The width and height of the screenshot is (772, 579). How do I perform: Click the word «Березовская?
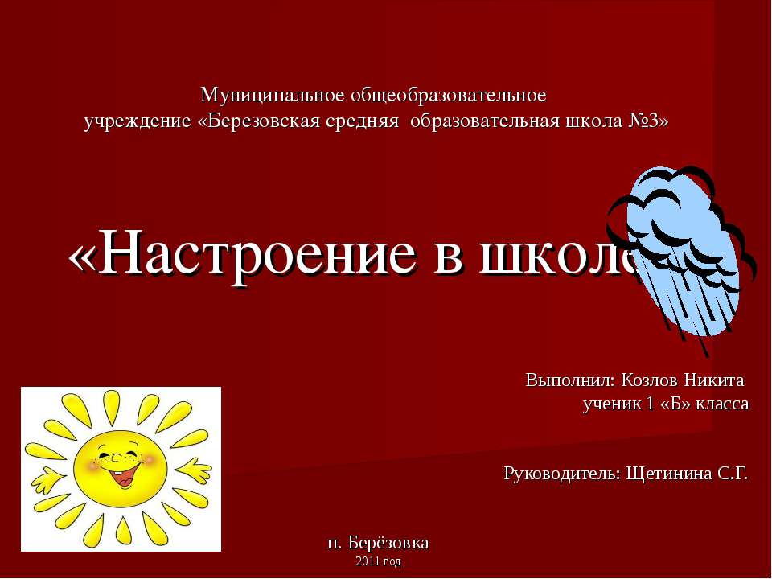click(x=253, y=121)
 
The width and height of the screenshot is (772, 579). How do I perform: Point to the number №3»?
click(x=647, y=121)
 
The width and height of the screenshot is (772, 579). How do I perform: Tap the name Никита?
click(x=716, y=379)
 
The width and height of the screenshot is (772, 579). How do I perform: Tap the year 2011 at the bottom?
click(x=368, y=561)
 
